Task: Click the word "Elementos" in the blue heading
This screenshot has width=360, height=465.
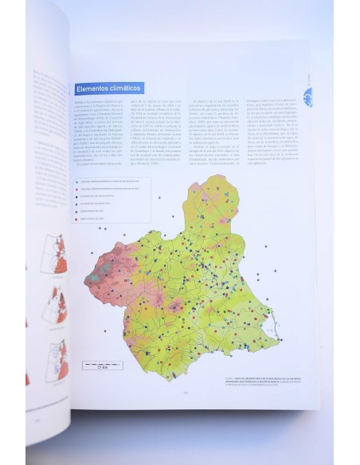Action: pyautogui.click(x=92, y=89)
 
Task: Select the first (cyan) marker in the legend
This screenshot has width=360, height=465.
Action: pyautogui.click(x=78, y=181)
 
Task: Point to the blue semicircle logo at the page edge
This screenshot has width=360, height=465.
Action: pyautogui.click(x=307, y=94)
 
